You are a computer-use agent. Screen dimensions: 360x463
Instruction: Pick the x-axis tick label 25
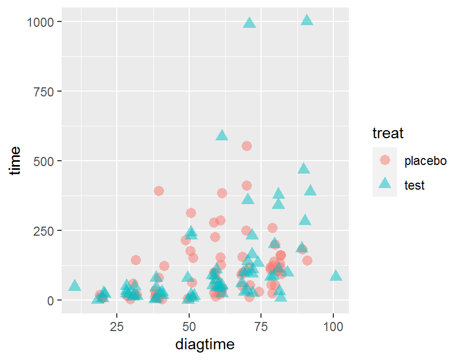[116, 326]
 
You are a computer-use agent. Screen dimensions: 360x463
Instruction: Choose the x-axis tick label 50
[189, 326]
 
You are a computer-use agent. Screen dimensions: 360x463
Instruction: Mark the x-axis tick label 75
[261, 326]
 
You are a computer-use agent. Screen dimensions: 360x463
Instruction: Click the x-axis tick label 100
[333, 326]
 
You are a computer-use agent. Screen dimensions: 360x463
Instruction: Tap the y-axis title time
[16, 160]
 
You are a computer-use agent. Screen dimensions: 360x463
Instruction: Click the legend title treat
[388, 132]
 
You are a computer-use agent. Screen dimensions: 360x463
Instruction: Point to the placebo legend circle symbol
[385, 160]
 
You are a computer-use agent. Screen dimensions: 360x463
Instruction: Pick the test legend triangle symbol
[385, 184]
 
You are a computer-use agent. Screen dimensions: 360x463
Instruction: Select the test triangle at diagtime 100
[336, 275]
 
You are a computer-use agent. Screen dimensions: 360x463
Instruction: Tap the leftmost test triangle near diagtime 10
[74, 286]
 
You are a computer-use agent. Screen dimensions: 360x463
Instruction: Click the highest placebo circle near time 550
[247, 146]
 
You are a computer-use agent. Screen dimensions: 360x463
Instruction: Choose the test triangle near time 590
[222, 136]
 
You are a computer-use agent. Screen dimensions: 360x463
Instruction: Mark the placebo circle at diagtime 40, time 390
[159, 191]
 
